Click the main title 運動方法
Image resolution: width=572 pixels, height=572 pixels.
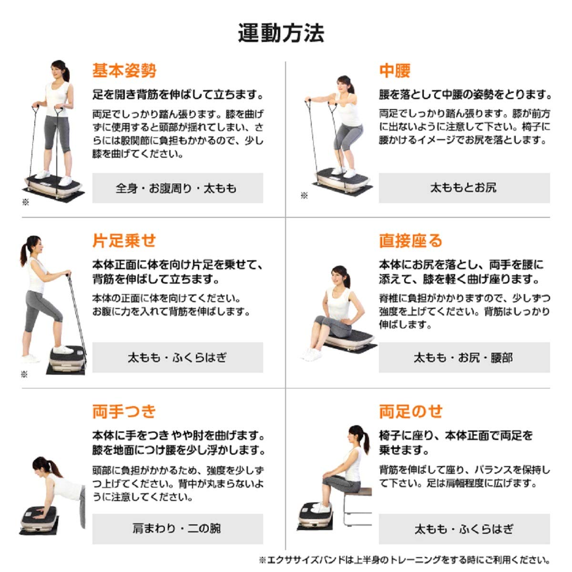[281, 33]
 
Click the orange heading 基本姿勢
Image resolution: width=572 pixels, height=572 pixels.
[124, 71]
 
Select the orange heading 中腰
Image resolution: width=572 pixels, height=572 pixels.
[395, 71]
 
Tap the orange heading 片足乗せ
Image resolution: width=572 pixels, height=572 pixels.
[124, 240]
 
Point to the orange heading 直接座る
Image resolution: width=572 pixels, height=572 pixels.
[411, 240]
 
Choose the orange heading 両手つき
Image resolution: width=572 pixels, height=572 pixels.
[124, 411]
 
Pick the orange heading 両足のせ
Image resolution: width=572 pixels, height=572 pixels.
[411, 411]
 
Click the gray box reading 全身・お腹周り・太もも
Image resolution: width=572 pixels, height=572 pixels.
[177, 188]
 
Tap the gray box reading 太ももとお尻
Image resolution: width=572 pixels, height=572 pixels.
[464, 188]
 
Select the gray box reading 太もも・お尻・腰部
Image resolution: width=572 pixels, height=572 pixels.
[464, 357]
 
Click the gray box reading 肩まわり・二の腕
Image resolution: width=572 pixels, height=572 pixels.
[177, 529]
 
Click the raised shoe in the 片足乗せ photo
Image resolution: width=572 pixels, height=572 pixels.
[63, 349]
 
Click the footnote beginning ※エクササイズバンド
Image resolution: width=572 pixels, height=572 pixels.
[404, 560]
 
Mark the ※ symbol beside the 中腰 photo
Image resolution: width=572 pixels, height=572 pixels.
[304, 195]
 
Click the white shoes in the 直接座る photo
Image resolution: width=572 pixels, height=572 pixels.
[312, 354]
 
